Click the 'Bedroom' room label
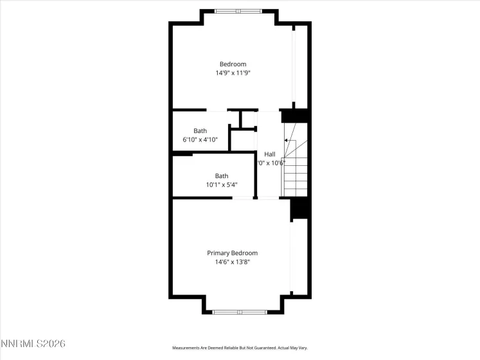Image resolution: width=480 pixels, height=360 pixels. (233, 64)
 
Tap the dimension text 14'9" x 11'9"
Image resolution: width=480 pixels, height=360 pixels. (233, 73)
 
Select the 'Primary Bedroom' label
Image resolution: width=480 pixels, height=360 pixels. (232, 253)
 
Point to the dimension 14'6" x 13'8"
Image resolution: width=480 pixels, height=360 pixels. (232, 262)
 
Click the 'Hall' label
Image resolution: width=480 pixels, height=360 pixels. (269, 154)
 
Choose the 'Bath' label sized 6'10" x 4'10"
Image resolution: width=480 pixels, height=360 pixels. (200, 130)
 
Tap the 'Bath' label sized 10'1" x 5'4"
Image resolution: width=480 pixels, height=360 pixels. (222, 175)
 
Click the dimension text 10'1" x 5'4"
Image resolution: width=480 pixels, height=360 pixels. (222, 185)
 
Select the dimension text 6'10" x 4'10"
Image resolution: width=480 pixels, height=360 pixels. (200, 139)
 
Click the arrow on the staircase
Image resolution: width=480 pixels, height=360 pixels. (286, 139)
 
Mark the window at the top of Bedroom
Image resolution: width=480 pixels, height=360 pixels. (238, 11)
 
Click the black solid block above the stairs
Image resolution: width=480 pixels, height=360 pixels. (296, 116)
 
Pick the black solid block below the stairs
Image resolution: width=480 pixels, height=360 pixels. (301, 208)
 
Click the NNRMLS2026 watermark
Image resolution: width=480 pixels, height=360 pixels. (33, 345)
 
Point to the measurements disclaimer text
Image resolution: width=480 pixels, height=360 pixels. (240, 348)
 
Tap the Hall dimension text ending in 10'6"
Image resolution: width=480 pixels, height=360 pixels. (269, 163)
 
